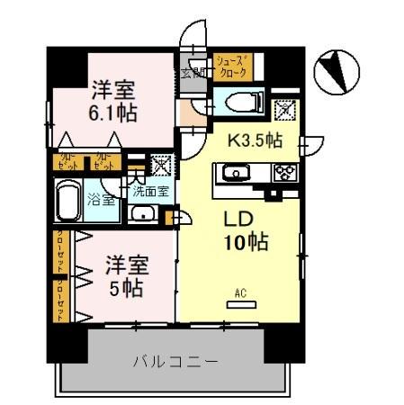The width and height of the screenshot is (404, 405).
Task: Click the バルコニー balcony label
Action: pos(175,362)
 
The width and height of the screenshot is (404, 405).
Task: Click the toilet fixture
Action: pos(238,101)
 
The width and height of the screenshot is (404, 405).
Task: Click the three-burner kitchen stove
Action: pos(285,173)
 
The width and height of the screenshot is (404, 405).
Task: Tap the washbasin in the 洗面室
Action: pos(142,214)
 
